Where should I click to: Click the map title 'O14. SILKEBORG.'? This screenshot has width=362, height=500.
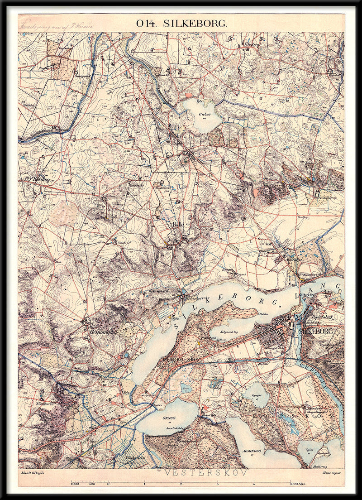(x=181, y=24)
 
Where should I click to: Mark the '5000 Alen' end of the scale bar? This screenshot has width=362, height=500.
(x=299, y=484)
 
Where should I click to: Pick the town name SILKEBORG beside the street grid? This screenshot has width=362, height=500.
(x=316, y=332)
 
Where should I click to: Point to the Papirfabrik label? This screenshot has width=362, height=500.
(x=322, y=317)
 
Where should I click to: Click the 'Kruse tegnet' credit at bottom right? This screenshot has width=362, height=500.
(x=332, y=472)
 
